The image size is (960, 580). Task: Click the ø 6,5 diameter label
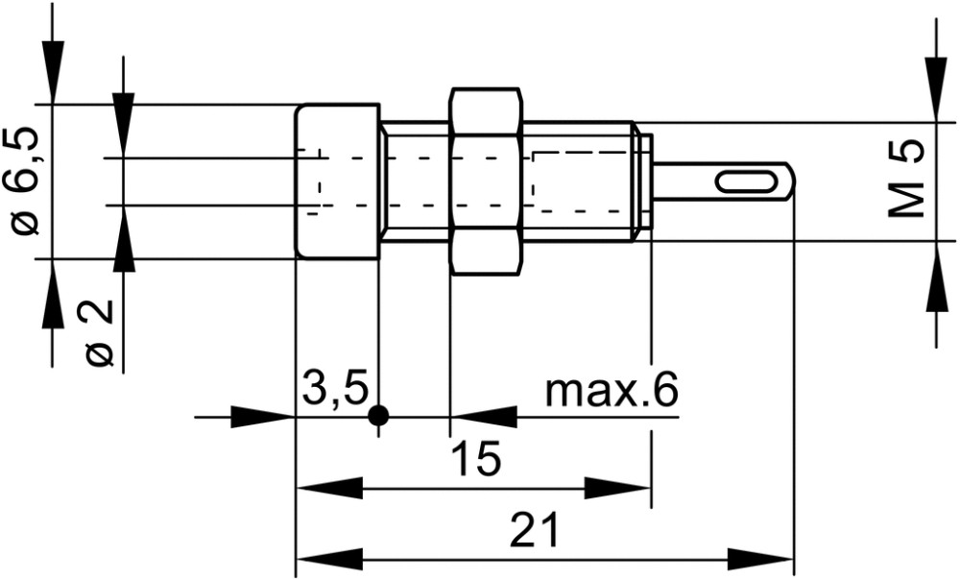coord(26,181)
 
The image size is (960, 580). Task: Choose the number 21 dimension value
coord(534,529)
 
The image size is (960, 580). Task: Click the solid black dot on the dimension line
coord(379,417)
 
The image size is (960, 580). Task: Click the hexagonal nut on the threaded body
coord(486,181)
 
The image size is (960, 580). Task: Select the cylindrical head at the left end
coord(337,181)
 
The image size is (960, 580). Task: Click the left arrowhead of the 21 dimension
coord(329,559)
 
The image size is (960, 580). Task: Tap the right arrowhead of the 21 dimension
coord(760,559)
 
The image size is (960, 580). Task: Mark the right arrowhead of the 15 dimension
coord(617,489)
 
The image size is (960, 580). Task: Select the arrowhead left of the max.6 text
coord(484,417)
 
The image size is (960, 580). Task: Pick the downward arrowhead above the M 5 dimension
coord(936,89)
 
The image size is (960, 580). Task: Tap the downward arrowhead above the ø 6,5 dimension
coord(53,72)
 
